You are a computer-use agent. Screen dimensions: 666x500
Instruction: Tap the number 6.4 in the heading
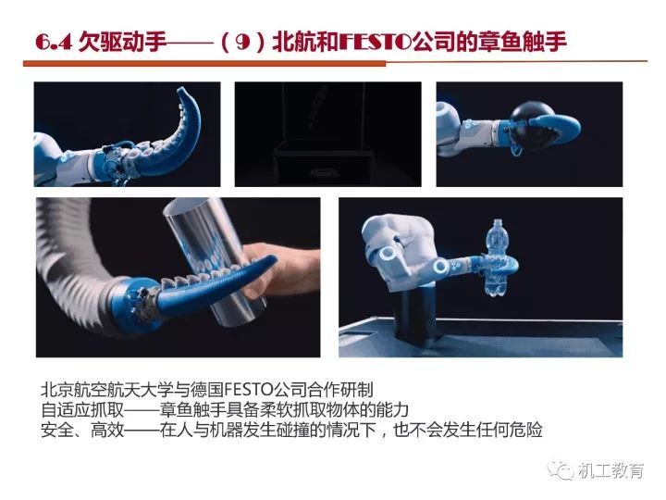[54, 43]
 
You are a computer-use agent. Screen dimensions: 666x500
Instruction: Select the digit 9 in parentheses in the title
[241, 43]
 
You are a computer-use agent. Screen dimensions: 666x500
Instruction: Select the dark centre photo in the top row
[327, 134]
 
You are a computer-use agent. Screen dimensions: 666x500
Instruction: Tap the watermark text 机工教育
[611, 470]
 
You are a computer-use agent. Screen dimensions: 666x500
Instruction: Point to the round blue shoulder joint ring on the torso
[388, 254]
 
